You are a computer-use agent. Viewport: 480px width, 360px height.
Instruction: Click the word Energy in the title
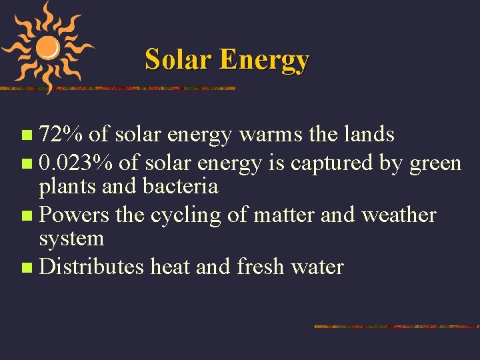coord(264,61)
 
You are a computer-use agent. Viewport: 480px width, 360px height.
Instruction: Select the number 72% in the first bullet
coord(61,135)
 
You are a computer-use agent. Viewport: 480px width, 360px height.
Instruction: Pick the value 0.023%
coord(76,163)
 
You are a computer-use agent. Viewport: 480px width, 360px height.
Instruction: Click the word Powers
coord(75,215)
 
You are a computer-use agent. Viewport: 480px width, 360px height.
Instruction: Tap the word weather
coord(399,215)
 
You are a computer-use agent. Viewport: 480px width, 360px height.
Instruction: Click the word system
coord(71,239)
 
